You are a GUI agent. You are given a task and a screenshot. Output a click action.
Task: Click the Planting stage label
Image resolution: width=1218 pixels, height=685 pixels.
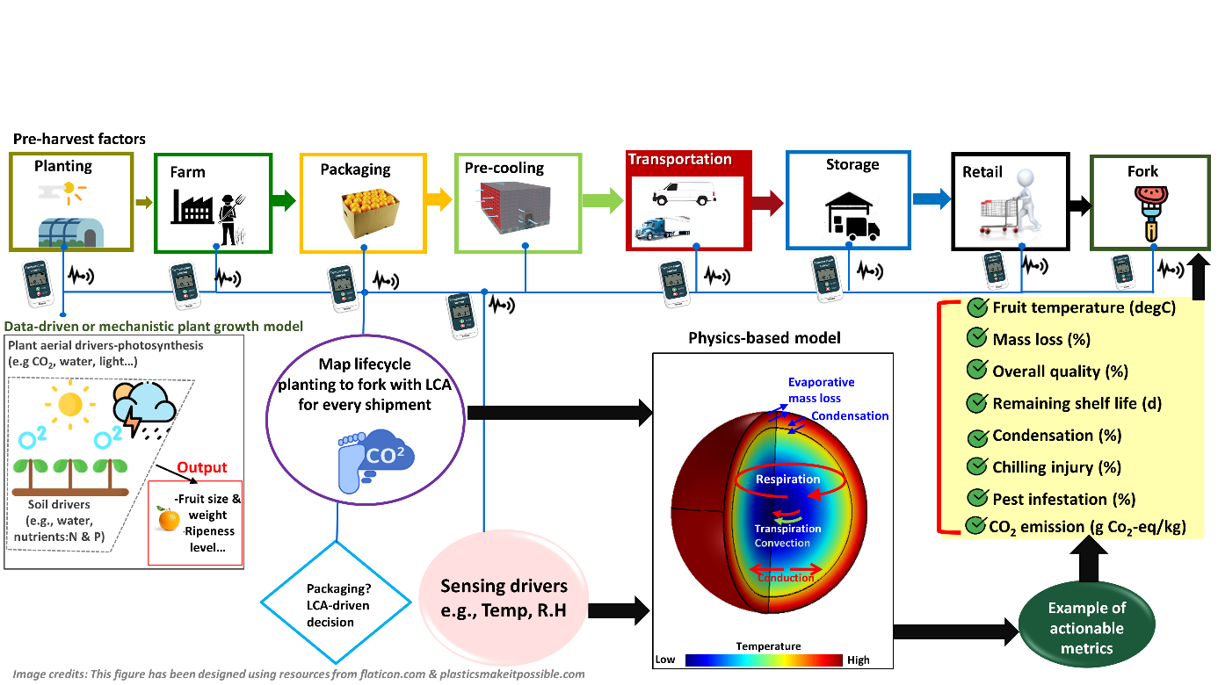[63, 166]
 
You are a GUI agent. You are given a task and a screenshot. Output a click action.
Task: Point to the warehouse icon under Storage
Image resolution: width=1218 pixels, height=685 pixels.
[852, 216]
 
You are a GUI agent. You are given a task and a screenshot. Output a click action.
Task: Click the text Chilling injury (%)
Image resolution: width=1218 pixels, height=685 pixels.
[1057, 467]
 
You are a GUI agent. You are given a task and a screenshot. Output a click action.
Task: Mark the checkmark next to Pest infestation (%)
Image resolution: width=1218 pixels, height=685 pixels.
[975, 499]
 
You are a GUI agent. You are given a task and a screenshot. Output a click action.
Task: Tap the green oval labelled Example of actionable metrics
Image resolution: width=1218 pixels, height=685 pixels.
[1086, 628]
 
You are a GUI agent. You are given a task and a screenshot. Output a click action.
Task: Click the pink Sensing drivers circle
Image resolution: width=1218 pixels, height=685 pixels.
[504, 597]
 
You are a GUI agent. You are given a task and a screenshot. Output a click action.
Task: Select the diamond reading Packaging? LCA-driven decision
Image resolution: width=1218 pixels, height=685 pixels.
[337, 604]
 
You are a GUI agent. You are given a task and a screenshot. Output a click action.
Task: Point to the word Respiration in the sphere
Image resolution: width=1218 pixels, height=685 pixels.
[787, 479]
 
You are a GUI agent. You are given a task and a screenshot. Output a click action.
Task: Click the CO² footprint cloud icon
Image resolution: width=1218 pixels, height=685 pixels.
[378, 458]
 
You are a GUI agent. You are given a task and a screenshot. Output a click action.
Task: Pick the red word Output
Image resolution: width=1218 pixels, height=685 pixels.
[202, 468]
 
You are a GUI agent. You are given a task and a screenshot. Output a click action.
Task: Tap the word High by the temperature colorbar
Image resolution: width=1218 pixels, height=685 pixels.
[859, 660]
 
